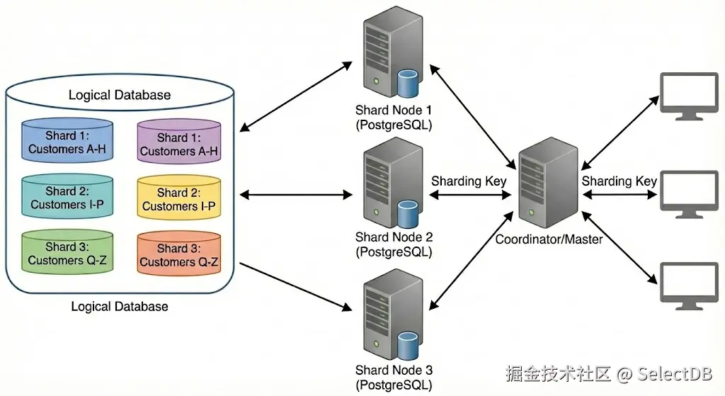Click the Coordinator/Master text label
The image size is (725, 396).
[549, 239]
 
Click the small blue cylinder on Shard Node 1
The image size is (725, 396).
[406, 83]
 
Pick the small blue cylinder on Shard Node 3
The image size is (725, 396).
[406, 345]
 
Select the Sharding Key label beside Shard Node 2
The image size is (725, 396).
[469, 181]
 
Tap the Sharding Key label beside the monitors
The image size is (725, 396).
[620, 181]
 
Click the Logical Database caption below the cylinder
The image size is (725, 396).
[120, 307]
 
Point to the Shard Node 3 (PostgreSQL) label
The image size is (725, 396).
[394, 378]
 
